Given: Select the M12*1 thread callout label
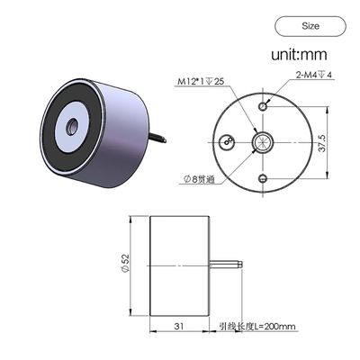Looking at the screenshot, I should tap(200, 82).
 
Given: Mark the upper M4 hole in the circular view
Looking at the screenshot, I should tap(262, 106).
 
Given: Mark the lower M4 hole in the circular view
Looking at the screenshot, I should tap(261, 177).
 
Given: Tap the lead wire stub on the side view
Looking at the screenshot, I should tap(229, 265).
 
